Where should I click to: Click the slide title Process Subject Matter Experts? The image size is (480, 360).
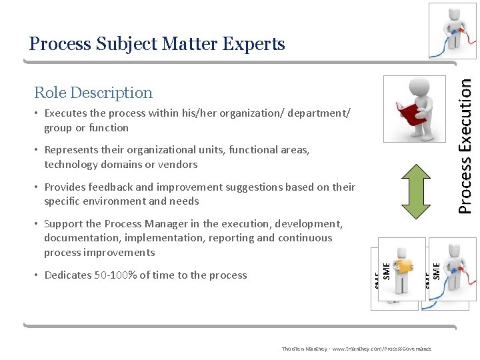coord(157,44)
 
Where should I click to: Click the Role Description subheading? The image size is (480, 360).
coord(93,93)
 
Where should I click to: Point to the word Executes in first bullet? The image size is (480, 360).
coord(65,113)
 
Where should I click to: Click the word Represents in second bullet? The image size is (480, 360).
coord(71,150)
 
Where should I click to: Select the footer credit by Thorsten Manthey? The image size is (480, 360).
coord(356,349)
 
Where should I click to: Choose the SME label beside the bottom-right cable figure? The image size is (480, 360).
coord(437,270)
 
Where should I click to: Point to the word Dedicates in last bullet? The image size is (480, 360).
coord(67,275)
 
